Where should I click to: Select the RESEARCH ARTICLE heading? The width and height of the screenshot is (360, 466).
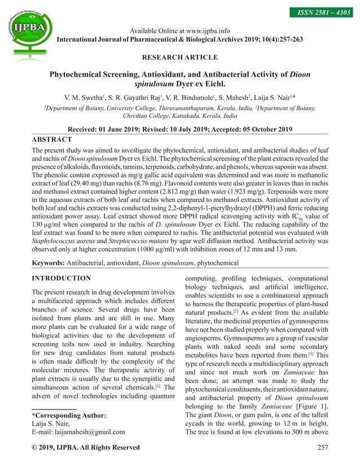pos(179,58)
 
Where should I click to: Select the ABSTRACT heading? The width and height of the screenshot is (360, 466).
pos(51,139)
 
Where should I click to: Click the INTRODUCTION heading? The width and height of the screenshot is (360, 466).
pos(61,278)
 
